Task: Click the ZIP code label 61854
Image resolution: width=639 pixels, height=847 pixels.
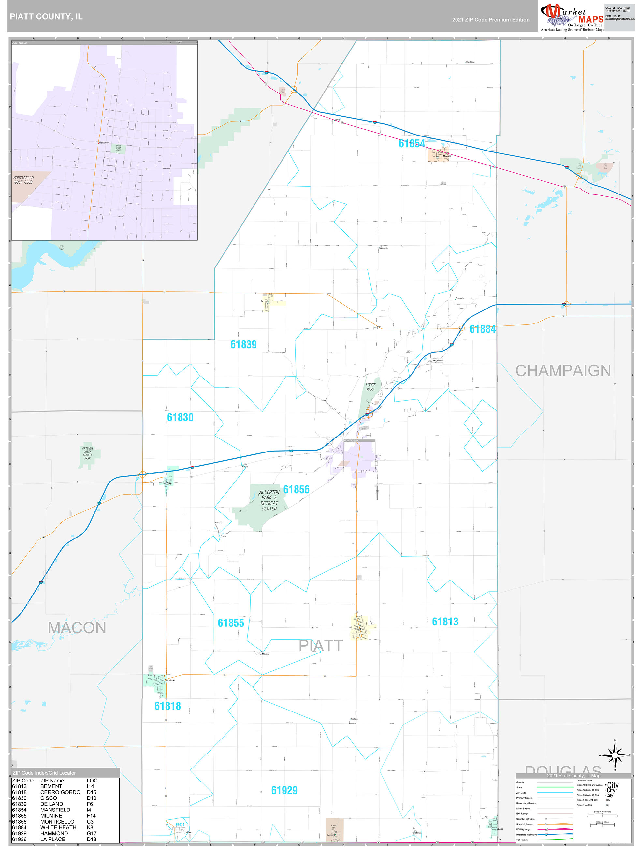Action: pyautogui.click(x=412, y=143)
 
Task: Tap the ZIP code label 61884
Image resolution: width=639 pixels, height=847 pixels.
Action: pyautogui.click(x=482, y=329)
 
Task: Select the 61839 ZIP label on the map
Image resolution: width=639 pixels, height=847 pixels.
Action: pyautogui.click(x=243, y=344)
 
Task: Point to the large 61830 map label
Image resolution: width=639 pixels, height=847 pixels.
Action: pyautogui.click(x=180, y=417)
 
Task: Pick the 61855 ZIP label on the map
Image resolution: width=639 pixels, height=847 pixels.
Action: pyautogui.click(x=231, y=623)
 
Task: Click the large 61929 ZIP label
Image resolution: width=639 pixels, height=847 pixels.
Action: pyautogui.click(x=284, y=790)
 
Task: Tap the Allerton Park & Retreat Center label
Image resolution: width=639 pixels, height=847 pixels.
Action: pyautogui.click(x=269, y=500)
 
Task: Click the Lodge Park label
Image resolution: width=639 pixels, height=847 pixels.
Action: pyautogui.click(x=370, y=387)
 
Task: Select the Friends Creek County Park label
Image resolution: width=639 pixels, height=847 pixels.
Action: pyautogui.click(x=87, y=453)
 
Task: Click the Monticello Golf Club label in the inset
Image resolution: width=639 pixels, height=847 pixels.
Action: pyautogui.click(x=23, y=180)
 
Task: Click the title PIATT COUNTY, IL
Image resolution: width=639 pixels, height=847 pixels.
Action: pyautogui.click(x=46, y=17)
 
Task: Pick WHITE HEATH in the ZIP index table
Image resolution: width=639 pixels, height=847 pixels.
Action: pyautogui.click(x=58, y=827)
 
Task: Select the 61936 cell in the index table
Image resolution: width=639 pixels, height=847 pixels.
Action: pyautogui.click(x=19, y=839)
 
